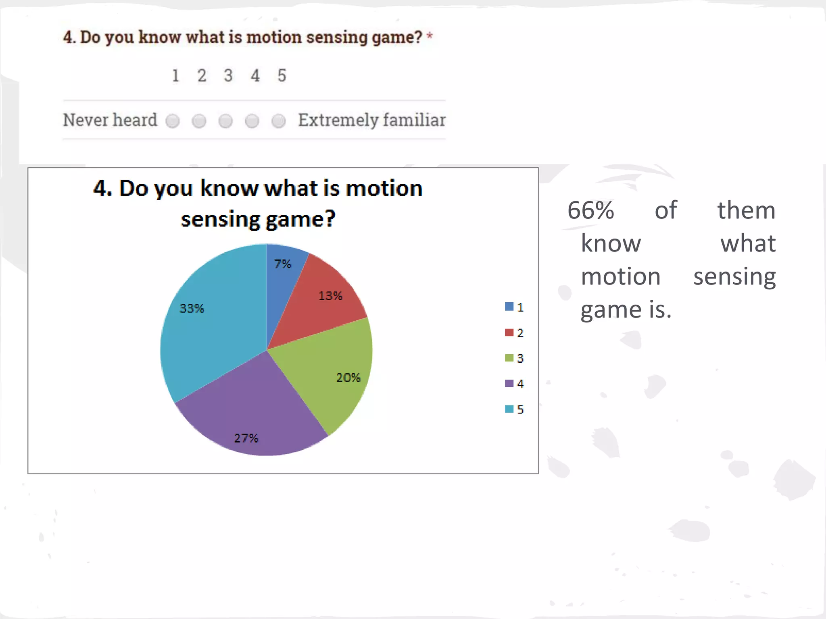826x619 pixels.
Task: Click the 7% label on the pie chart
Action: pos(283,264)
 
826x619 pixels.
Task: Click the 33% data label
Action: pos(192,309)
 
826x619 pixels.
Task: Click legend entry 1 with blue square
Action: pos(514,307)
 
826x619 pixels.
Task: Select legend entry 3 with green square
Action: pos(514,358)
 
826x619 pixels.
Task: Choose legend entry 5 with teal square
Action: pos(514,409)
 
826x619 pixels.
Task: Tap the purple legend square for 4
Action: pos(509,383)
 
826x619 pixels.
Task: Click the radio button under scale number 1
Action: pos(173,121)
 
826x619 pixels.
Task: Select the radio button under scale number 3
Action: pos(225,121)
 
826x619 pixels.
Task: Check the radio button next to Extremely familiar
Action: pos(279,121)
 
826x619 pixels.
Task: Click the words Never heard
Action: pos(110,120)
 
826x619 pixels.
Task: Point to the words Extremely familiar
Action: pos(371,120)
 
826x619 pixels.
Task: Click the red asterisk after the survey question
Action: pos(430,36)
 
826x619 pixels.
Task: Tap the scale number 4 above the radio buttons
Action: pos(255,76)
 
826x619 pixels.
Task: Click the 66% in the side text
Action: pos(590,210)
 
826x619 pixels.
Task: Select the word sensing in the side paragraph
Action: pos(734,277)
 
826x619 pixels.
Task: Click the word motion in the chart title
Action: pos(384,189)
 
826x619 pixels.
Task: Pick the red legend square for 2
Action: pos(509,332)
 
